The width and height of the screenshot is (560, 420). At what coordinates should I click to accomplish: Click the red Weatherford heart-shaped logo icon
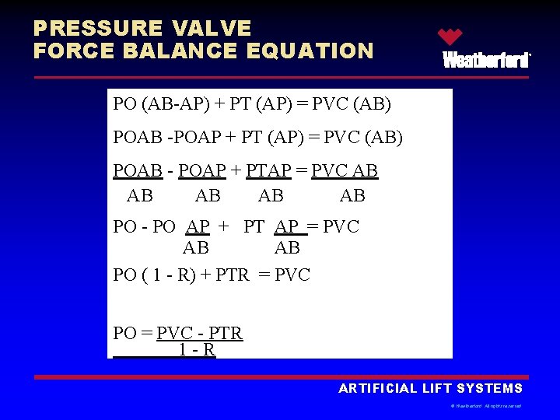(x=450, y=37)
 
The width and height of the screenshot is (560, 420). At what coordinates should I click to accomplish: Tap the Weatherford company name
(x=487, y=60)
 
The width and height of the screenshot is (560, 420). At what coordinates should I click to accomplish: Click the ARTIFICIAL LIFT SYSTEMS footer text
(x=430, y=388)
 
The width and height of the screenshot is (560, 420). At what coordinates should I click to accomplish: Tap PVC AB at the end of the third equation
(x=345, y=170)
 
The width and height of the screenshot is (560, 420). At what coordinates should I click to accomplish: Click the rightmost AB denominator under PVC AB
(x=352, y=195)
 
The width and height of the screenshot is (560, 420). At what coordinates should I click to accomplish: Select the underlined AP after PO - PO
(x=198, y=227)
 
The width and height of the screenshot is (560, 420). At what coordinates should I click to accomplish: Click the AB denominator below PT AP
(x=287, y=247)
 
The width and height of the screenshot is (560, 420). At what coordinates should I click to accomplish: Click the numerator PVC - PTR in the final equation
(x=200, y=334)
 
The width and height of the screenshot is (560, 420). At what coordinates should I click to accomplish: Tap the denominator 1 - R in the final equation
(x=197, y=350)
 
